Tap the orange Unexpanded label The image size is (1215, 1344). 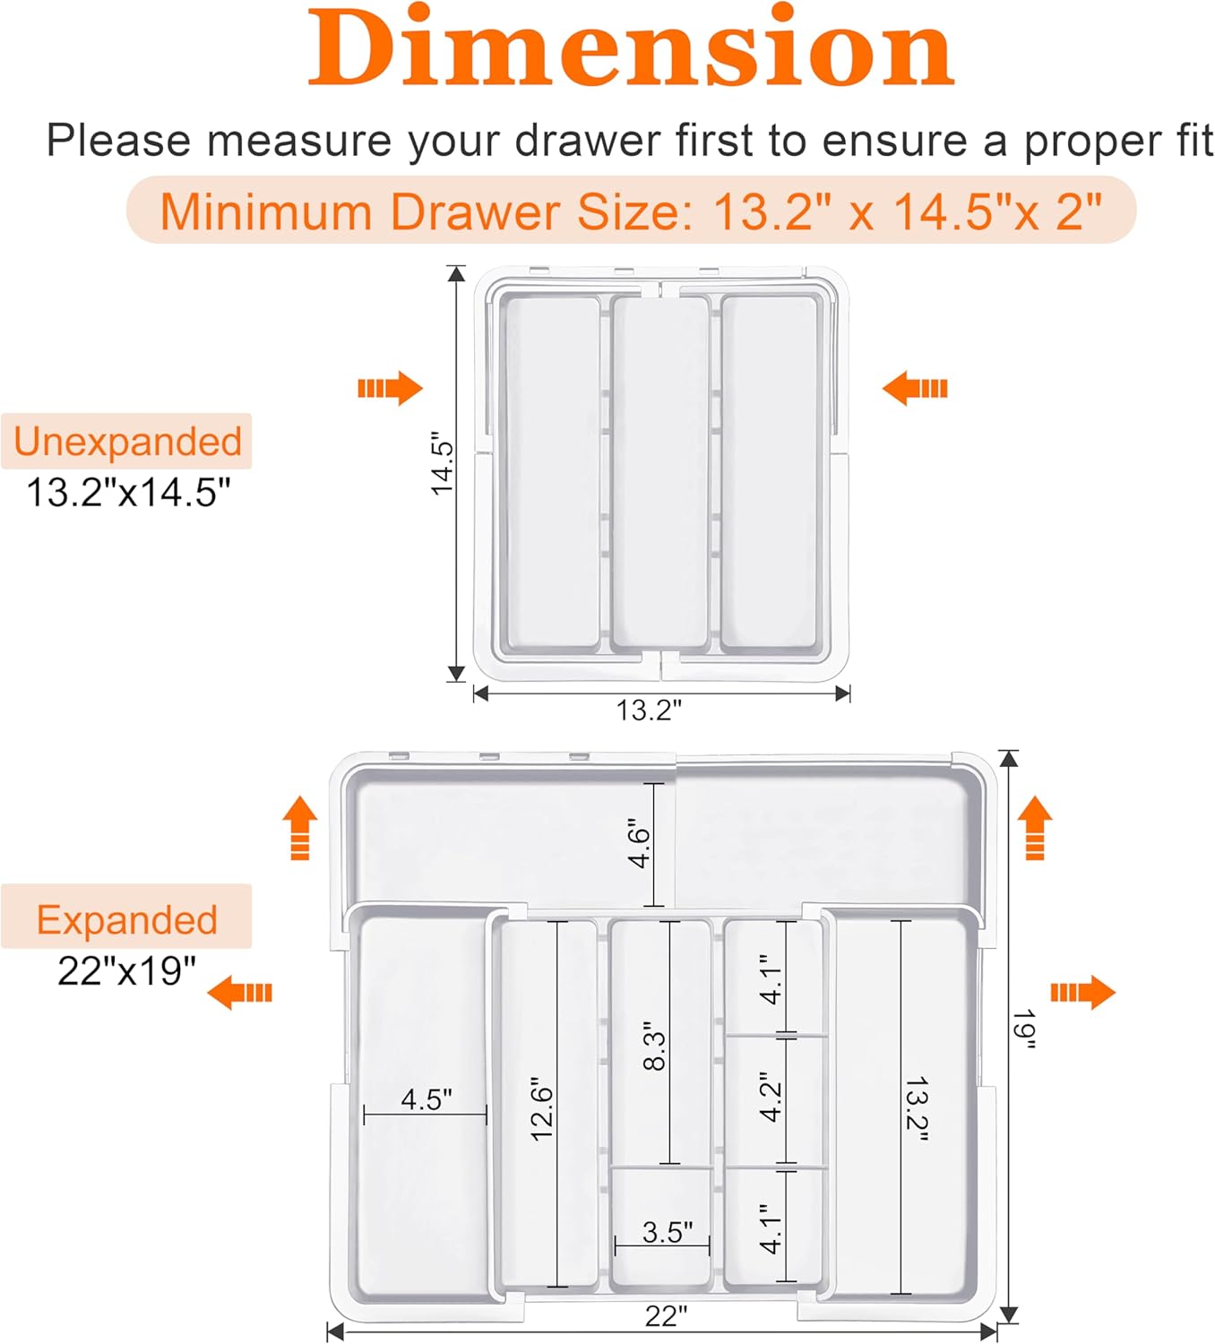127,442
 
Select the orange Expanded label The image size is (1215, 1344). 126,920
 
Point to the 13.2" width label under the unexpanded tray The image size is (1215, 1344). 648,710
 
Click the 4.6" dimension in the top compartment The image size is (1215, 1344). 639,842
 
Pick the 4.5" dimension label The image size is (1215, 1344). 427,1098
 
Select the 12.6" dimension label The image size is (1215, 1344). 541,1109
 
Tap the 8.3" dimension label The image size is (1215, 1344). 654,1045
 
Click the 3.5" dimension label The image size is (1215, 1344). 667,1232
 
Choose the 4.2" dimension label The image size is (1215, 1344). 770,1098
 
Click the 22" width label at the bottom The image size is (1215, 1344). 666,1316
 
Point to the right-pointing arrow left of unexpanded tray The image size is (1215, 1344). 390,388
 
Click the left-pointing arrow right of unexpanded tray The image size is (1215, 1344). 915,388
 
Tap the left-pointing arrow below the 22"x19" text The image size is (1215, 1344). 239,993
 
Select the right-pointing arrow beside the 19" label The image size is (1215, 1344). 1082,993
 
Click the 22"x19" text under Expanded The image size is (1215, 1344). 126,971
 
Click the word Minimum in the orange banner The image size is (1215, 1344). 265,212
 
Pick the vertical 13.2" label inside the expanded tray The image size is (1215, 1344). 917,1109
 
